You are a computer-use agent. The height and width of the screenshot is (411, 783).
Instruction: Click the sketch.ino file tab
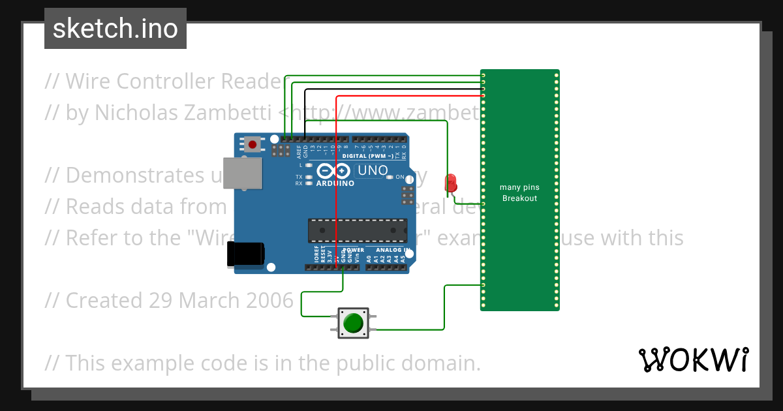[x=115, y=29]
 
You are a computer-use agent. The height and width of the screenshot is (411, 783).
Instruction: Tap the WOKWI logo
[x=693, y=359]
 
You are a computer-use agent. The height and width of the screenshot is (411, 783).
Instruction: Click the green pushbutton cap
[x=353, y=323]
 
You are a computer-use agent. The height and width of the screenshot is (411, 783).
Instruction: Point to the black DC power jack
[x=244, y=254]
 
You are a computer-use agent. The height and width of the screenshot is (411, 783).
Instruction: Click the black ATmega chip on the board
[x=357, y=230]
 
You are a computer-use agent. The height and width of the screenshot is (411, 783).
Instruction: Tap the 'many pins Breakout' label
[x=519, y=192]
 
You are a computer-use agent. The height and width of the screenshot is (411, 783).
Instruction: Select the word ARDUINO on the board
[x=335, y=183]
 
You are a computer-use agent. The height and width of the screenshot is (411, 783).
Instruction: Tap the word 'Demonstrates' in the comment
[x=123, y=175]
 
